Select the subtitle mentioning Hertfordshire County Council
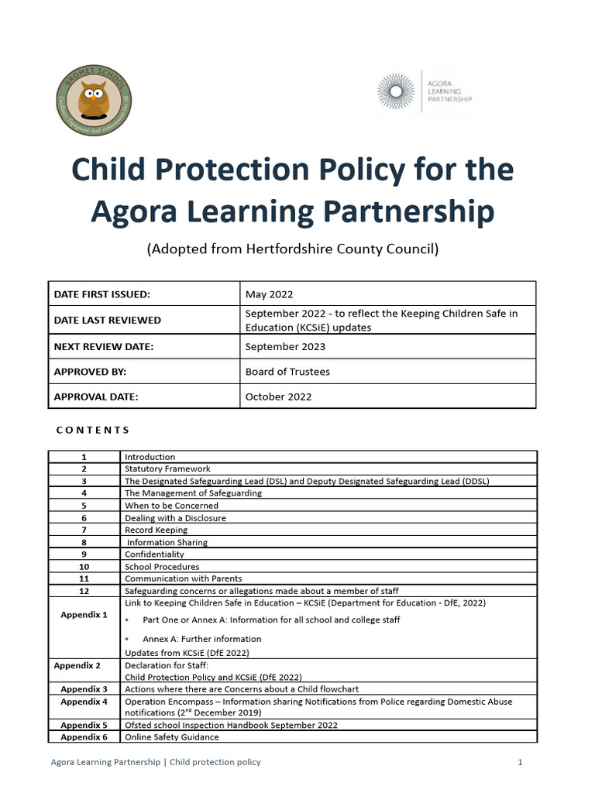click(292, 249)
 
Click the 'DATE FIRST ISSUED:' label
click(101, 294)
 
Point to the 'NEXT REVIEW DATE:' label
click(104, 347)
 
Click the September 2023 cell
click(285, 347)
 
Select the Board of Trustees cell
click(287, 372)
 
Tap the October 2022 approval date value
click(278, 396)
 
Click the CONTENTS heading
click(93, 430)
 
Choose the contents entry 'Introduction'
click(150, 457)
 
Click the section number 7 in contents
click(84, 530)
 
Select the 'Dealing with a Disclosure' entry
click(175, 518)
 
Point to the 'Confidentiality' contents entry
click(155, 554)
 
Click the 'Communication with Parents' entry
click(183, 578)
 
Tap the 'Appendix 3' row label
click(84, 689)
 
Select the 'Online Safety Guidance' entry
click(171, 737)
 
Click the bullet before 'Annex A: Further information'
click(127, 639)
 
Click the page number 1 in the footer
click(520, 763)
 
